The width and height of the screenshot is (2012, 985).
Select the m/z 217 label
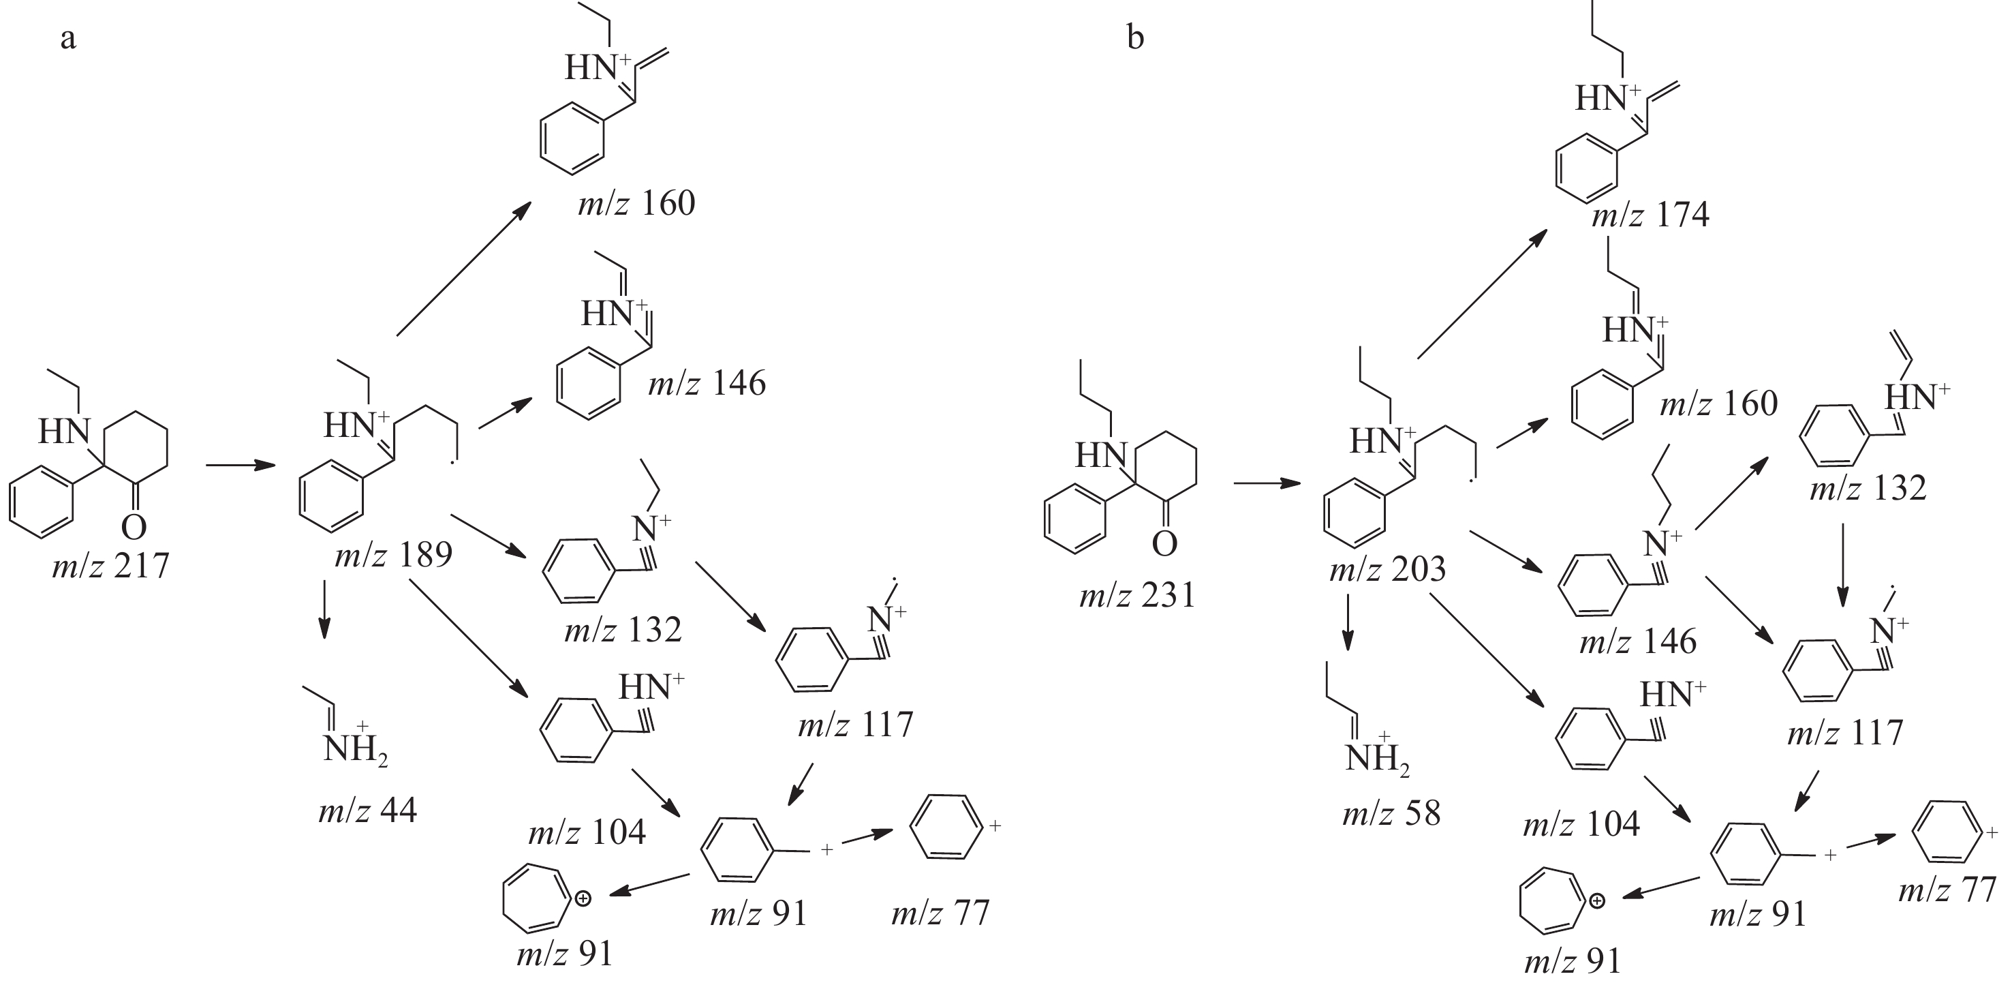pos(110,564)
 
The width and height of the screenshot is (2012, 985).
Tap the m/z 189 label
pos(393,555)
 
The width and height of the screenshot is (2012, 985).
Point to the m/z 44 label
pos(367,810)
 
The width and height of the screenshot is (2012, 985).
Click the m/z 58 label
pos(1391,814)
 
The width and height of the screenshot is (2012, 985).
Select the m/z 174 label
pos(1650,215)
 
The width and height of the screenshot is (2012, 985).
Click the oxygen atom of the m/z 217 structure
pos(134,527)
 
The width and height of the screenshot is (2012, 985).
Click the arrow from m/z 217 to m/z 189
pos(241,466)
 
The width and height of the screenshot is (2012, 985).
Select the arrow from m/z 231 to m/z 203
pos(1267,483)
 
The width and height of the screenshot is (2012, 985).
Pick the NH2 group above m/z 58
pos(1376,759)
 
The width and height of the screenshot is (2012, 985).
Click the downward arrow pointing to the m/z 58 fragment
pos(1347,623)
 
